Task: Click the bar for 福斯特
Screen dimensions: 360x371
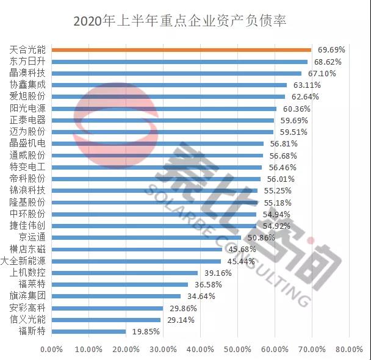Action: pyautogui.click(x=88, y=331)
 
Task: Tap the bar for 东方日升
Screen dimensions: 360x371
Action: pyautogui.click(x=179, y=62)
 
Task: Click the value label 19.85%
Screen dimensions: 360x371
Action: pyautogui.click(x=146, y=331)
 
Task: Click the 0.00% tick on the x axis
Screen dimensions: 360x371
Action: pyautogui.click(x=51, y=350)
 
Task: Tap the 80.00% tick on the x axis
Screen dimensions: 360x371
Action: pyautogui.click(x=350, y=350)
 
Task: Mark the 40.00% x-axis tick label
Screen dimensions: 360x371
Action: pyautogui.click(x=201, y=350)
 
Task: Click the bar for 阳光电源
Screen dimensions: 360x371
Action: pyautogui.click(x=164, y=109)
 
